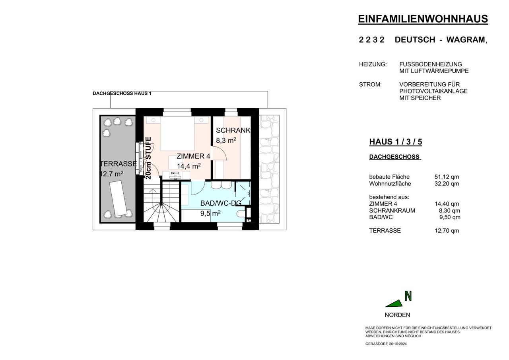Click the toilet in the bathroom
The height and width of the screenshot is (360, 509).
pyautogui.click(x=241, y=214)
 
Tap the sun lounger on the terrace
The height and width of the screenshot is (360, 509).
pyautogui.click(x=119, y=198)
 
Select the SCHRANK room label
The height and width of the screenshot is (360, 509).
pyautogui.click(x=233, y=130)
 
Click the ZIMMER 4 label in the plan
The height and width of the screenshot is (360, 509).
pyautogui.click(x=193, y=156)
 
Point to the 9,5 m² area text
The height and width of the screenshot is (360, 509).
pyautogui.click(x=210, y=213)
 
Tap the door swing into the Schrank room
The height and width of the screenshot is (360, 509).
pyautogui.click(x=219, y=154)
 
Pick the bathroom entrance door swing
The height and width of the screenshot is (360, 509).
pyautogui.click(x=198, y=188)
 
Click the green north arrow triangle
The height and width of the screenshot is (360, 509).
pyautogui.click(x=394, y=304)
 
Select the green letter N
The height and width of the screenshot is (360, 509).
pyautogui.click(x=408, y=296)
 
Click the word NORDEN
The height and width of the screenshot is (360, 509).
pyautogui.click(x=397, y=315)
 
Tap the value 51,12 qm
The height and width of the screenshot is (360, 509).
pyautogui.click(x=447, y=177)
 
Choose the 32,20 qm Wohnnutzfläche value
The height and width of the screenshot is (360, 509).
pyautogui.click(x=447, y=184)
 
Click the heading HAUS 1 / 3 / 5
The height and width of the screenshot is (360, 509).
pyautogui.click(x=396, y=142)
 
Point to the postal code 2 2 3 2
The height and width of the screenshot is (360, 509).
pyautogui.click(x=371, y=40)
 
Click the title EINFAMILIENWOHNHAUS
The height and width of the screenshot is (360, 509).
pyautogui.click(x=423, y=19)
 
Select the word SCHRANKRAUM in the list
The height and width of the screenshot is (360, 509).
pyautogui.click(x=392, y=211)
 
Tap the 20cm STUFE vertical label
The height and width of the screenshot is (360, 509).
pyautogui.click(x=148, y=158)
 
